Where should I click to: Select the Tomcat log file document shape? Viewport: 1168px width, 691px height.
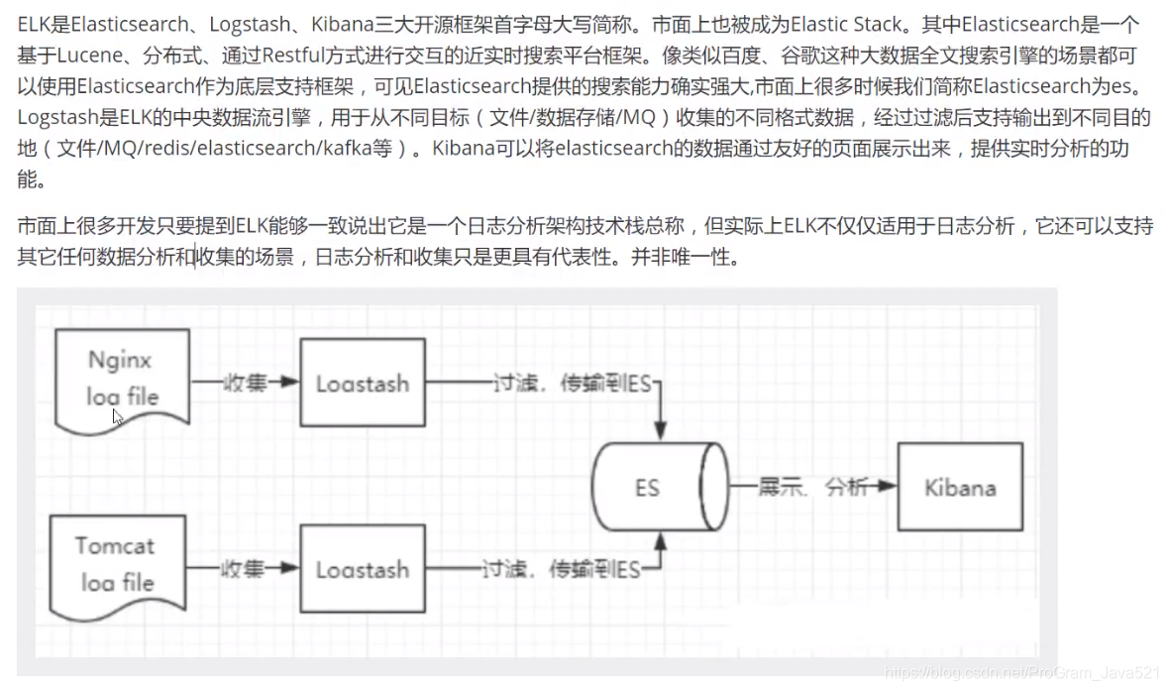(x=118, y=562)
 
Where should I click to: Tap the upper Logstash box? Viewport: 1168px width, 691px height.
(x=362, y=383)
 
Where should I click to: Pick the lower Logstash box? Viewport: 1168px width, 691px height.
(x=362, y=569)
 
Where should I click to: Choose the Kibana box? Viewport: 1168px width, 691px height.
(x=959, y=487)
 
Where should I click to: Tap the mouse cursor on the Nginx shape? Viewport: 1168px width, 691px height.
(x=117, y=415)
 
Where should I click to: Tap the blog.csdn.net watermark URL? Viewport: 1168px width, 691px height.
(x=1020, y=673)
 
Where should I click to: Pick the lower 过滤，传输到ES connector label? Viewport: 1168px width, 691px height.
(x=560, y=569)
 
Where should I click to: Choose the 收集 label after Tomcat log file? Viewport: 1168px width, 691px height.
(x=242, y=569)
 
